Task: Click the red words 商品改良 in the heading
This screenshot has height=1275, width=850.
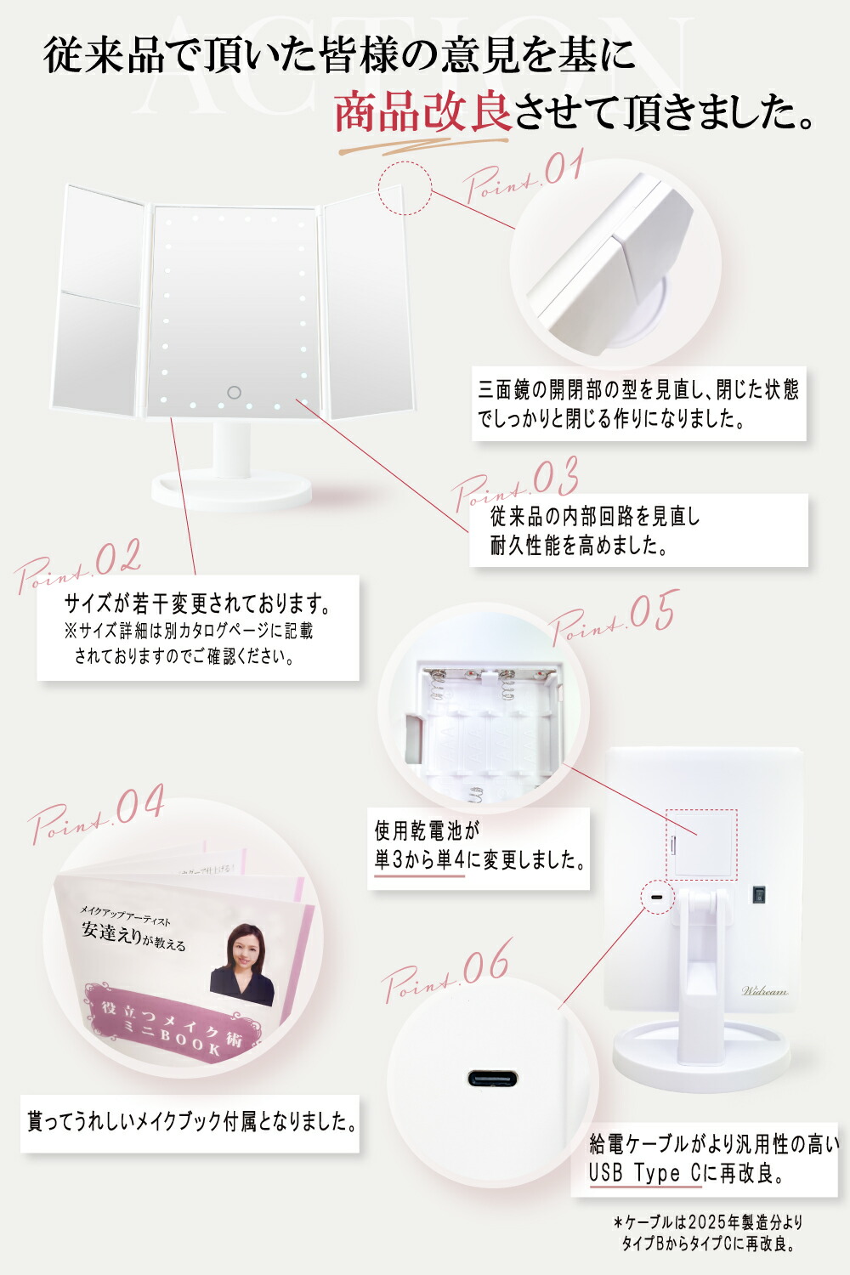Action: (x=422, y=112)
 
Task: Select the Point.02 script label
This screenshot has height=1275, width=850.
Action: (x=78, y=565)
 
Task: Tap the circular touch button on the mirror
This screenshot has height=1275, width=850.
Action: (x=234, y=393)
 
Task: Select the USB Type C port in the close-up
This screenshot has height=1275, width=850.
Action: (x=492, y=1079)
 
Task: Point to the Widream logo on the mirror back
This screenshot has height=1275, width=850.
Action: (x=764, y=990)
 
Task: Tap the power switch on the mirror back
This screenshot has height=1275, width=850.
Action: (x=758, y=894)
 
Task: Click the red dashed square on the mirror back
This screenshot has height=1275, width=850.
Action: (x=701, y=845)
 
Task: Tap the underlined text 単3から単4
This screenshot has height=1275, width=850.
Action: (x=420, y=860)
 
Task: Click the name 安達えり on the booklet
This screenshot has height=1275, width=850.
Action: (x=110, y=932)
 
